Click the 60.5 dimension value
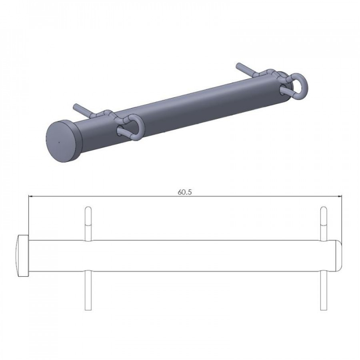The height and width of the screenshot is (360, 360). coord(184,192)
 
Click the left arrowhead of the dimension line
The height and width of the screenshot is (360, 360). coord(30,196)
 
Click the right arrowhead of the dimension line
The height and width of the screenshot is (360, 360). coord(340,196)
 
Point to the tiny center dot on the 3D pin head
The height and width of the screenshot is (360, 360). coord(59,142)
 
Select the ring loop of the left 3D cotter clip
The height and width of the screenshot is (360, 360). coord(135,126)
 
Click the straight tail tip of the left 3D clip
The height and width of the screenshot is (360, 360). coord(75,106)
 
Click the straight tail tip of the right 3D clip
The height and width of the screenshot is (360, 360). coord(238,64)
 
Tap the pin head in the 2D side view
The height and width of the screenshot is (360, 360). coord(23,256)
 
